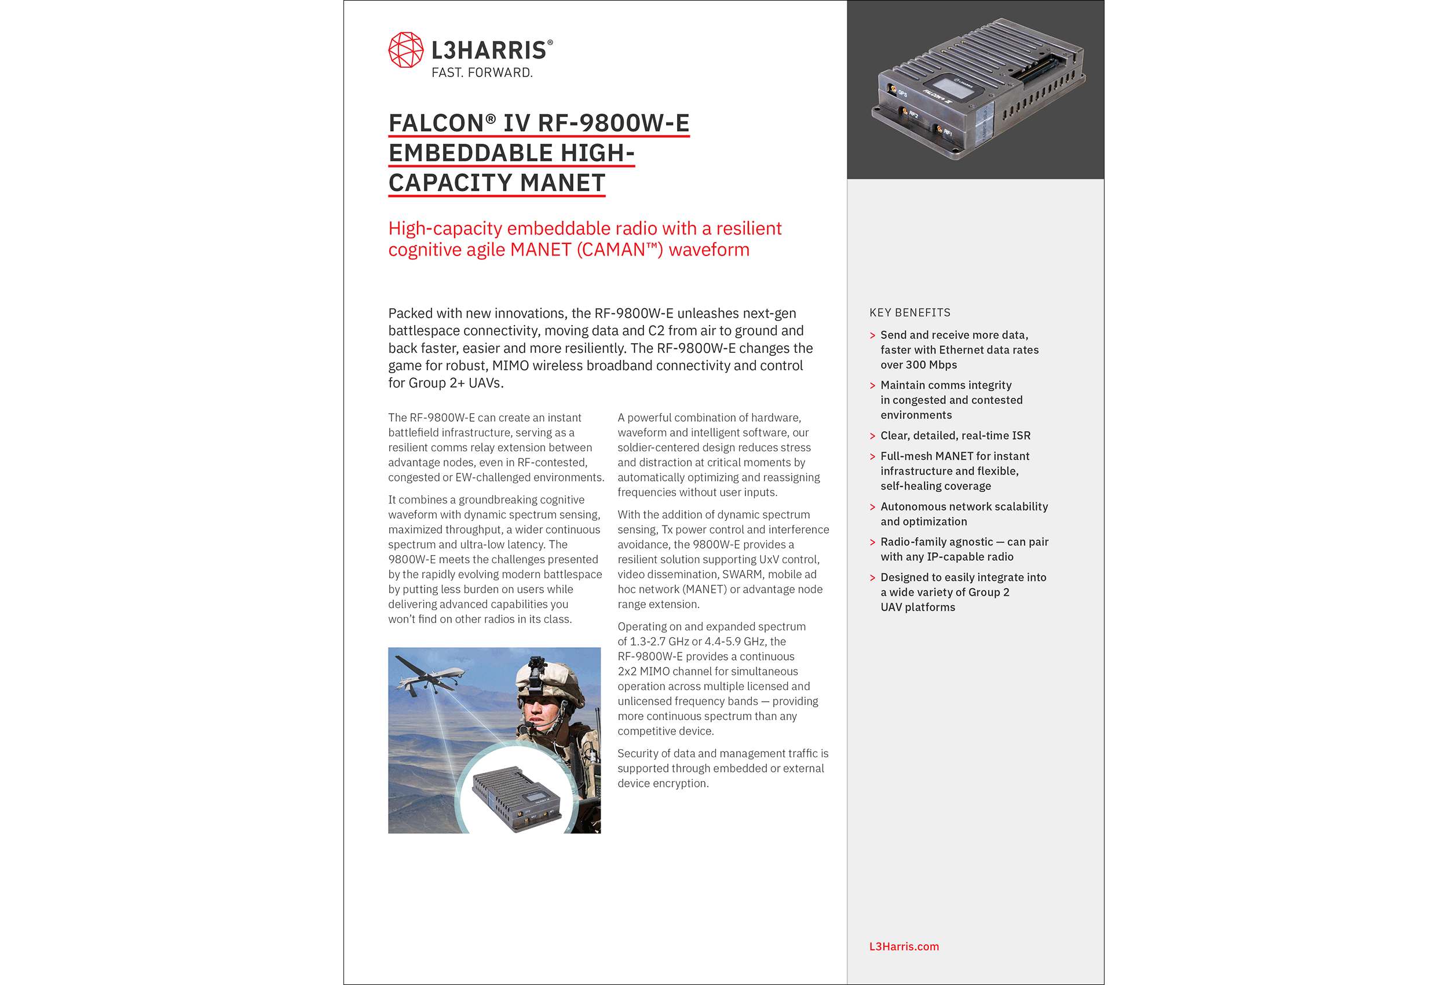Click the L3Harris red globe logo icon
405,50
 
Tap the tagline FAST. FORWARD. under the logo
482,73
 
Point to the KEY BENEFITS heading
910,312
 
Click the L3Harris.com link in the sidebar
904,946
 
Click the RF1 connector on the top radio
939,129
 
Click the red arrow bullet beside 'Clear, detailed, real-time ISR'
872,436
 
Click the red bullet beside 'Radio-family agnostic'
872,542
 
